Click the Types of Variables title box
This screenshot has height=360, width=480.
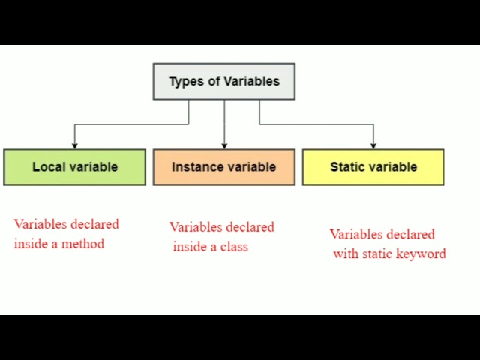(x=223, y=81)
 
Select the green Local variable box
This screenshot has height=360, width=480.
(x=74, y=166)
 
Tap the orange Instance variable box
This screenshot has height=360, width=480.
(x=223, y=166)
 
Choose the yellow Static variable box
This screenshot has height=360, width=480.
(x=373, y=166)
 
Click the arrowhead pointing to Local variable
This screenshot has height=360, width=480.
(x=74, y=145)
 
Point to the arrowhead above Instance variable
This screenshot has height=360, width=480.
(x=224, y=145)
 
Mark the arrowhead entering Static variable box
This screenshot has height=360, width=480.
(x=373, y=145)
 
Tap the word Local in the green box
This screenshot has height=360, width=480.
(x=47, y=167)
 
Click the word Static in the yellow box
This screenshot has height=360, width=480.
(x=347, y=167)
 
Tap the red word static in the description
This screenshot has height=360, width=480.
(x=378, y=254)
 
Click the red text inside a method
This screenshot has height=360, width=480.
(x=59, y=244)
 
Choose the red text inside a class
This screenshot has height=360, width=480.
(x=211, y=247)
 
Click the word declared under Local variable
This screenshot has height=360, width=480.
(x=94, y=224)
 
